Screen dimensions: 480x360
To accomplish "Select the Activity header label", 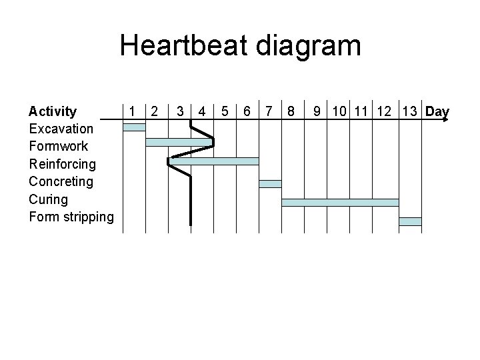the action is pos(53,111).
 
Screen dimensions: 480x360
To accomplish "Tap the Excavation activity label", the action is pos(61,129).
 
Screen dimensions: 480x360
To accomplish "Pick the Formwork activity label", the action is pos(59,146).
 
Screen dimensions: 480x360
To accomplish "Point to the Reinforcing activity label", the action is pos(63,164).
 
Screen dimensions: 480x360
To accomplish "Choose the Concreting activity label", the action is pos(61,181).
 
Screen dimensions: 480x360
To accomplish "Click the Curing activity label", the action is pos(49,199).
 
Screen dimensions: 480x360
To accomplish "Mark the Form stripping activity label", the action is pos(71,217).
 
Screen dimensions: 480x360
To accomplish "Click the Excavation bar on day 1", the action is pos(134,127).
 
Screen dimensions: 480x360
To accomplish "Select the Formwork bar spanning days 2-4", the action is pos(179,142).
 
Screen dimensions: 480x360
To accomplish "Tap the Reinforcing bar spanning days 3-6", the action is pos(213,161).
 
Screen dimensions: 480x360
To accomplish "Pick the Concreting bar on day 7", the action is pos(270,183).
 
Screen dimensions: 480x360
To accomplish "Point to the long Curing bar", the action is pos(340,202).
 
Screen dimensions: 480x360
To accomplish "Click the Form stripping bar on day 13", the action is pos(410,221).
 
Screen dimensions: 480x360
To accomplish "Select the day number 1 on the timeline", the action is pos(134,111).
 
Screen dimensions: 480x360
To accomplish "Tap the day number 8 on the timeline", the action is pos(290,111).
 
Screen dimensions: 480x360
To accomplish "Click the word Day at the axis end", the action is pos(437,111).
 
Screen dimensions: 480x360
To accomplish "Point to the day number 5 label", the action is pos(225,111).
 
